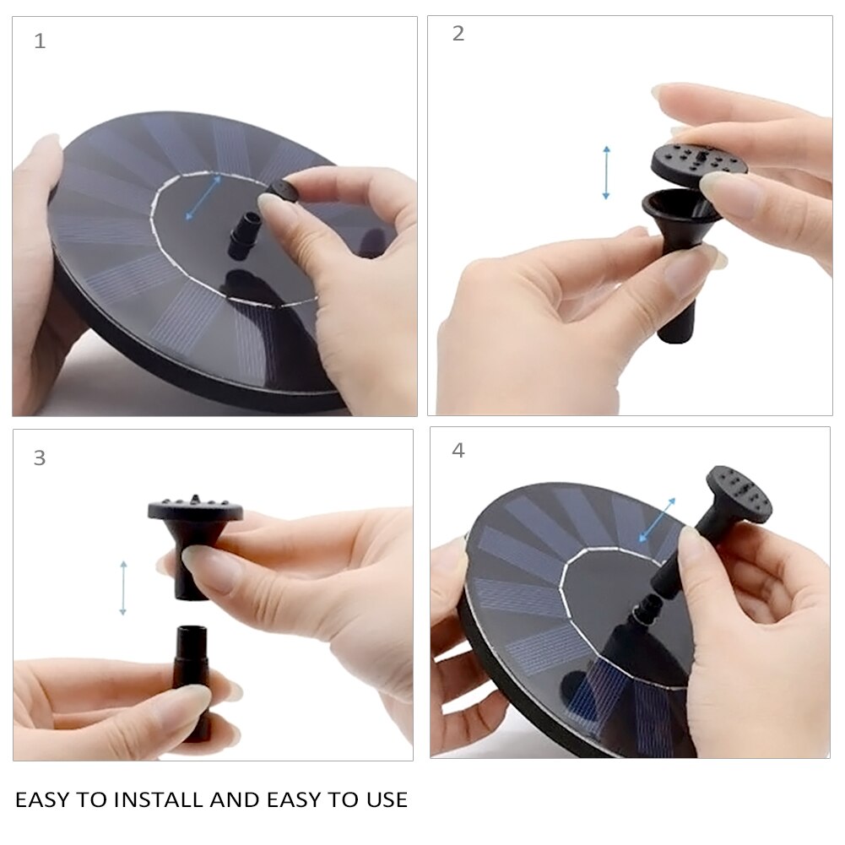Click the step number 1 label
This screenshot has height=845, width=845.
[x=40, y=41]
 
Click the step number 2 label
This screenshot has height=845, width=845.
[x=458, y=34]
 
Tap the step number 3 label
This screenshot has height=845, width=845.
[x=40, y=458]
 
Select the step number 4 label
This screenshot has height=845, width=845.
[x=458, y=450]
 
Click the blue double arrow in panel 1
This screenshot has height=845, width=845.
[x=203, y=198]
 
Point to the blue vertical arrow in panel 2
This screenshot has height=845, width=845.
[x=606, y=172]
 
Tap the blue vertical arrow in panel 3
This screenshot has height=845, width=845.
[x=123, y=588]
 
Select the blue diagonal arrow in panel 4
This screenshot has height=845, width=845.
[x=657, y=519]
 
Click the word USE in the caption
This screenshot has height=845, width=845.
[x=387, y=799]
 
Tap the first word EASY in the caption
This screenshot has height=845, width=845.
[x=42, y=799]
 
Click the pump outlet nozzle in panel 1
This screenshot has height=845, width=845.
[x=242, y=236]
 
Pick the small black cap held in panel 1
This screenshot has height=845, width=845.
[x=284, y=191]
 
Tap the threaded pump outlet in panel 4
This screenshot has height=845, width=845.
[x=642, y=613]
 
